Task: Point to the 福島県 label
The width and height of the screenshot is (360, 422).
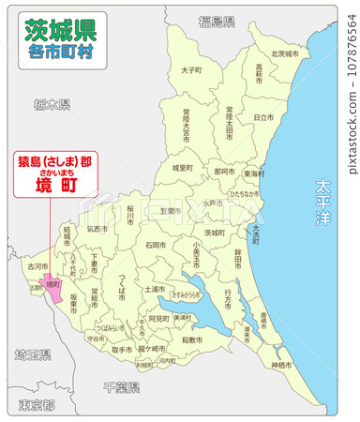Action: coord(217,20)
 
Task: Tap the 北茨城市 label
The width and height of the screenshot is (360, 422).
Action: coord(284,53)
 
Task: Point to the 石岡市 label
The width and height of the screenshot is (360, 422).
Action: coord(156,245)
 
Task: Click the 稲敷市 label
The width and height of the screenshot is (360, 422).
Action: coord(191,339)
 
